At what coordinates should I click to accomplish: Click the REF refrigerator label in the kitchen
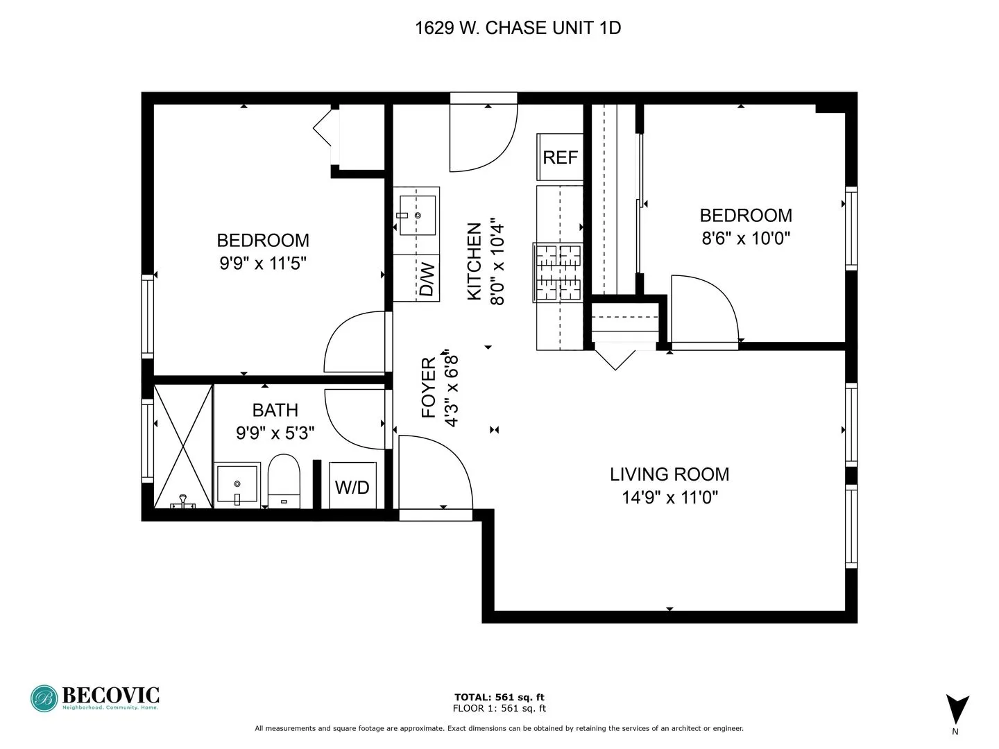click(560, 157)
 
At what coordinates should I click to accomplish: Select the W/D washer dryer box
click(352, 486)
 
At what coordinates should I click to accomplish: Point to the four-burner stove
click(558, 273)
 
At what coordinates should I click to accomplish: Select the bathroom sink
click(237, 484)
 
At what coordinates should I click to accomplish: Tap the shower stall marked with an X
click(182, 447)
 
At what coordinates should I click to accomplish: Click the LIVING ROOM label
click(669, 474)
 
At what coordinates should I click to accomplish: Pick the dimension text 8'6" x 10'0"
click(746, 239)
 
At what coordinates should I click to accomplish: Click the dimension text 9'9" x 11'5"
click(263, 264)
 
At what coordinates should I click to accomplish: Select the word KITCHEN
click(475, 261)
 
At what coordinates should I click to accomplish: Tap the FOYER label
click(429, 387)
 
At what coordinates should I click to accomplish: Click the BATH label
click(275, 410)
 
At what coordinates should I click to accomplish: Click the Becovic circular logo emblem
click(44, 698)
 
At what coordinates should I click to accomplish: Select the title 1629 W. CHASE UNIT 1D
click(518, 28)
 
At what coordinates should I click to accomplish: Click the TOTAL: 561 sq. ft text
click(499, 697)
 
